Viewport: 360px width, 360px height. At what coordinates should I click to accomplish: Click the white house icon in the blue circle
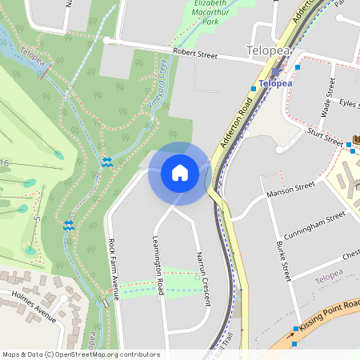180,173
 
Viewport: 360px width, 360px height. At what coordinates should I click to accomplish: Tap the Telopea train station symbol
275,70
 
